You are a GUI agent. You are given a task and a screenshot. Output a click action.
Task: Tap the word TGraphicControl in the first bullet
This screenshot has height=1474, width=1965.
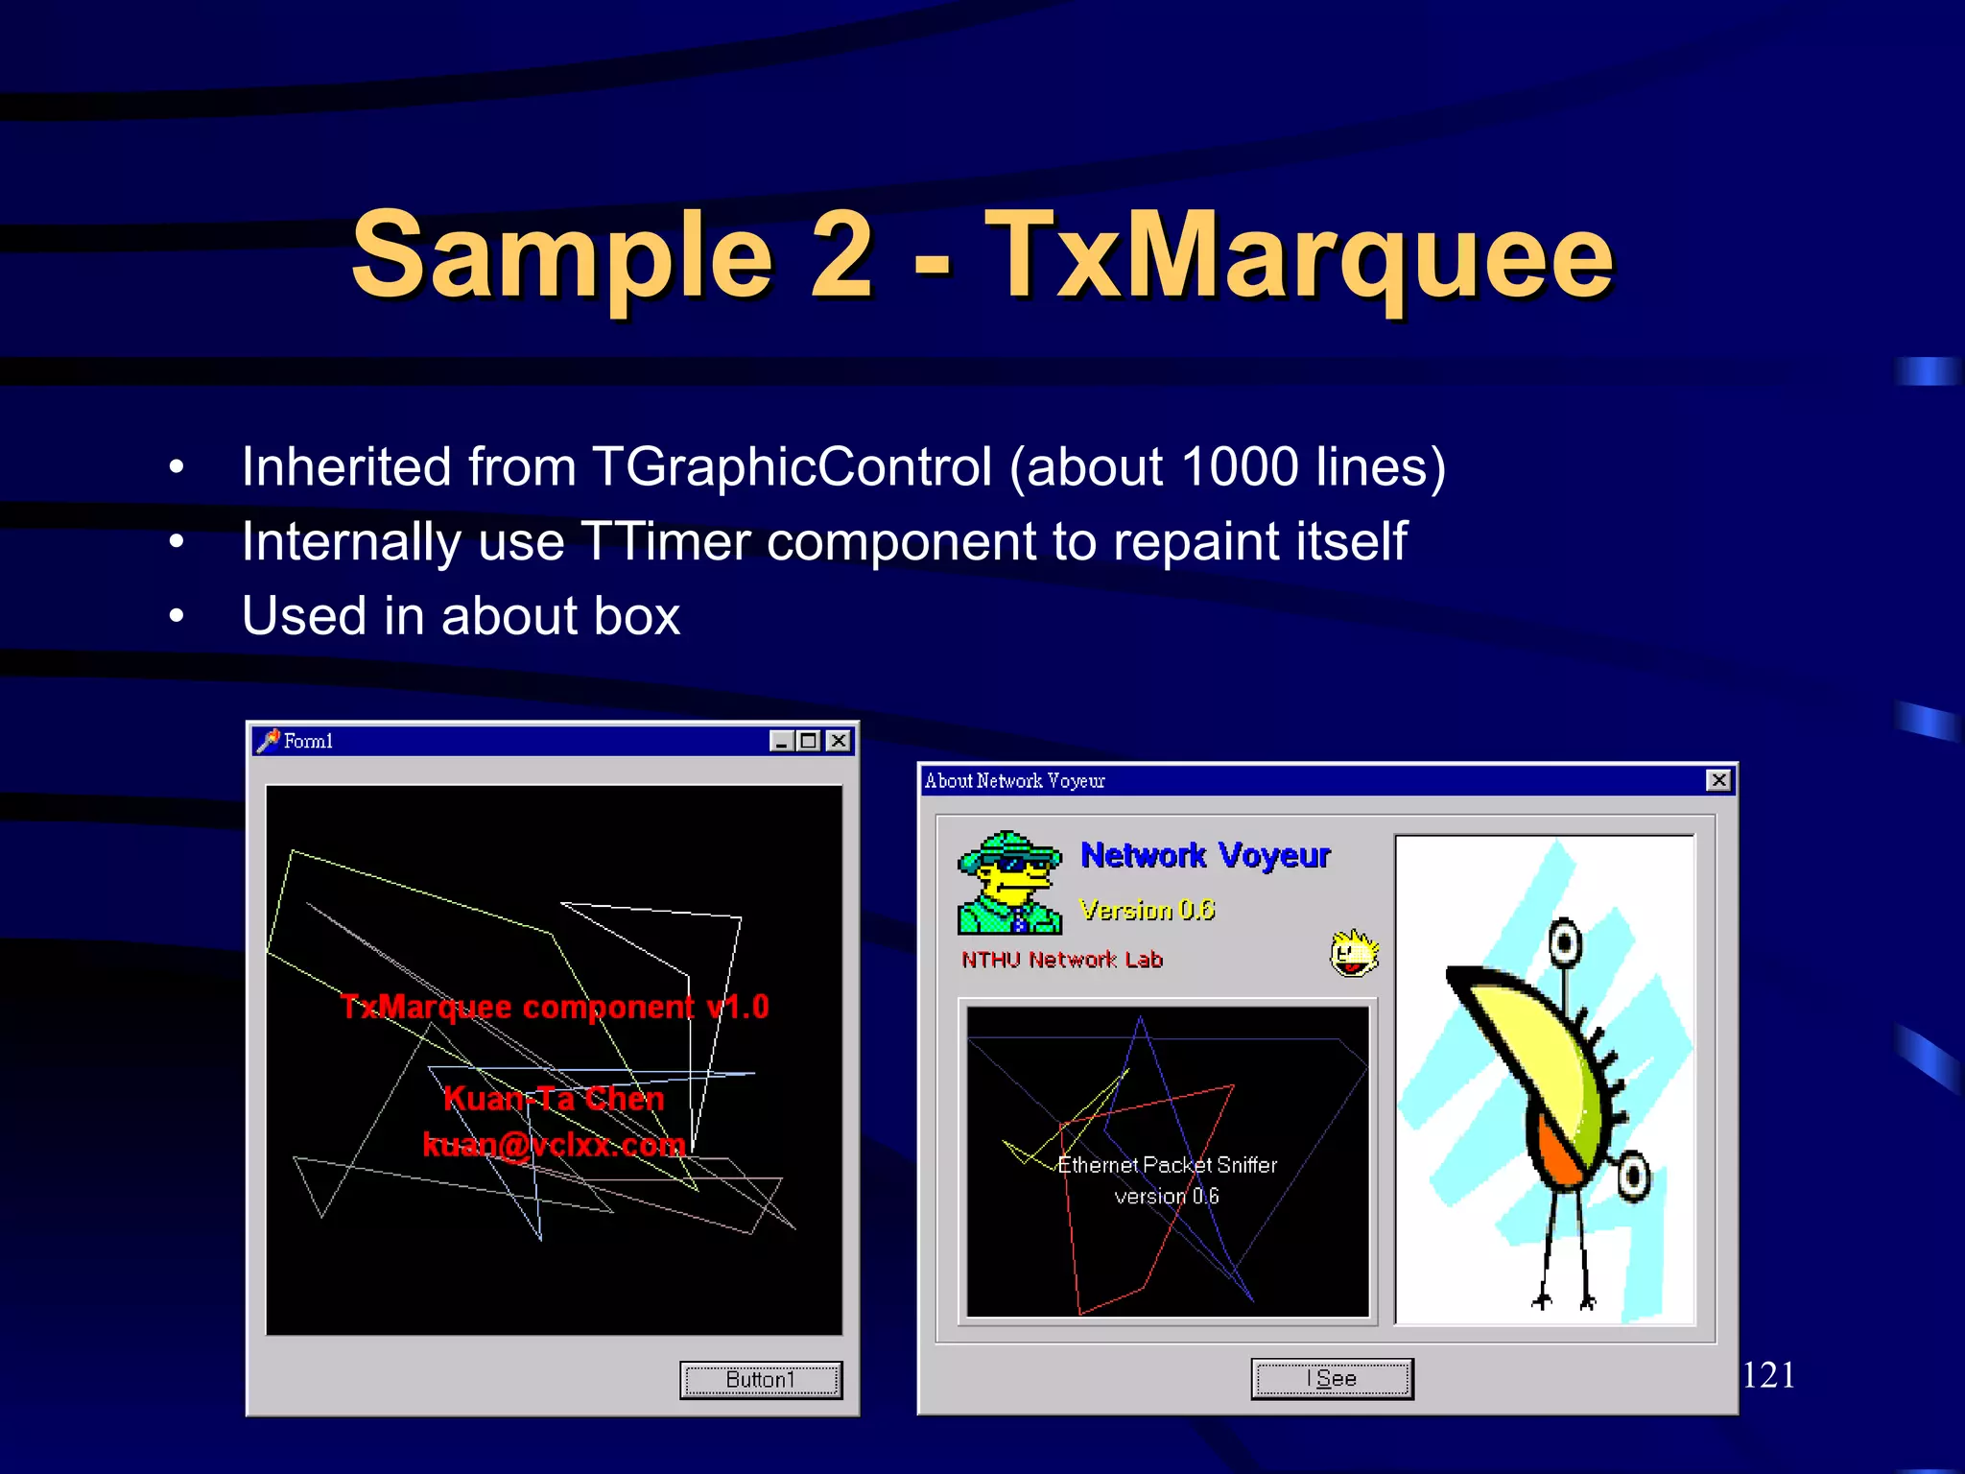tap(792, 467)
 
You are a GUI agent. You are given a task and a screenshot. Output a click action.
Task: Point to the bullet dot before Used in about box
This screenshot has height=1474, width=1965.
tap(176, 616)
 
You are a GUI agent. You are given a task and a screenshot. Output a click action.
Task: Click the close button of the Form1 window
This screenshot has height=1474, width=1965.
tap(839, 741)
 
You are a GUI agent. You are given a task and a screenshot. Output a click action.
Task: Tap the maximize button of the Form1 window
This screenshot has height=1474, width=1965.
tap(810, 741)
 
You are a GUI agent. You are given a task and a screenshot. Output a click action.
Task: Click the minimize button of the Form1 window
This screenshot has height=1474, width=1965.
tap(782, 741)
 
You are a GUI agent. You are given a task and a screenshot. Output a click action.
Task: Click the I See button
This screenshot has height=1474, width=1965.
tap(1331, 1379)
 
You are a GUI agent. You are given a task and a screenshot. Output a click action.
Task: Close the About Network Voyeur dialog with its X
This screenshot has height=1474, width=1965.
tap(1718, 780)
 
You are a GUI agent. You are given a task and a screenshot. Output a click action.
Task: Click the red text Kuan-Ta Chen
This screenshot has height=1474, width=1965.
tap(554, 1099)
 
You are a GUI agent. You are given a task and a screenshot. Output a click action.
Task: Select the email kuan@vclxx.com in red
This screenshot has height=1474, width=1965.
tap(554, 1145)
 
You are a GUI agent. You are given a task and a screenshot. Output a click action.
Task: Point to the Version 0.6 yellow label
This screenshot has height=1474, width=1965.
tap(1147, 910)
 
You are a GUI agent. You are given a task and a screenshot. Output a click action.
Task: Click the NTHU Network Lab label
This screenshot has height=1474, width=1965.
tap(1062, 960)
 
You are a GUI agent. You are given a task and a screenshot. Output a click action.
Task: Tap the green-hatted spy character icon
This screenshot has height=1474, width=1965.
tap(1009, 883)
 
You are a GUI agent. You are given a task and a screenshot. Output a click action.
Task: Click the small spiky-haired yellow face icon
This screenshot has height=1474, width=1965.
tap(1354, 953)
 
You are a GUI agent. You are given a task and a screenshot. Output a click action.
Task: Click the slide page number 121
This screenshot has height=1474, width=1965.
tap(1768, 1375)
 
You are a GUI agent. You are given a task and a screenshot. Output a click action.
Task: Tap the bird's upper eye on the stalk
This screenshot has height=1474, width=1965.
tap(1565, 942)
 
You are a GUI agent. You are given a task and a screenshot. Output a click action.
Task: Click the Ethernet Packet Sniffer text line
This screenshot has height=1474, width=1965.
tap(1167, 1165)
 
